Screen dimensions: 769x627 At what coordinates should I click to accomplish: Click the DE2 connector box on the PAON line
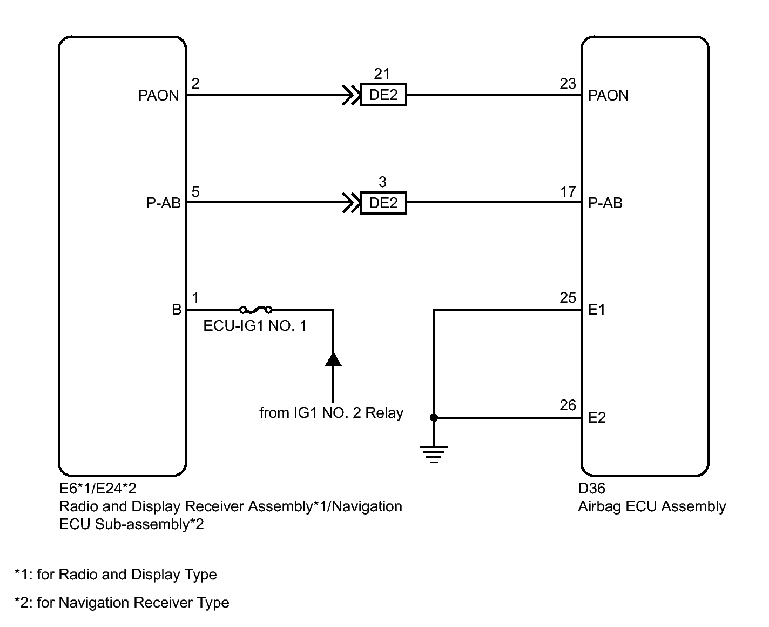click(x=383, y=95)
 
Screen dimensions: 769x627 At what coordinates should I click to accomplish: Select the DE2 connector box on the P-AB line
click(x=383, y=203)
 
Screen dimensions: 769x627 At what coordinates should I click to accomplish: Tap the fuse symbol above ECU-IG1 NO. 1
click(x=255, y=310)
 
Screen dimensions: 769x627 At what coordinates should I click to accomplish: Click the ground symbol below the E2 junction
click(x=434, y=454)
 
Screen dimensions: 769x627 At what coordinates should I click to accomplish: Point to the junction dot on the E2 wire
click(x=434, y=418)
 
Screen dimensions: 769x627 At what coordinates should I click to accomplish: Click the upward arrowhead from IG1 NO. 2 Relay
click(x=333, y=360)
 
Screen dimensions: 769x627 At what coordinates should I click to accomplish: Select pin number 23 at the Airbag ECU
click(x=568, y=84)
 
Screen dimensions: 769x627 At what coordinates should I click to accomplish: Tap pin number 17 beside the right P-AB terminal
click(x=568, y=191)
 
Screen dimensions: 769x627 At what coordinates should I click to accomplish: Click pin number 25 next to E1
click(x=568, y=298)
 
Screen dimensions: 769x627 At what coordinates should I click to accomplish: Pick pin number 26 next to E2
click(x=568, y=405)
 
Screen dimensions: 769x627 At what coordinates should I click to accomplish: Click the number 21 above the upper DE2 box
click(x=382, y=74)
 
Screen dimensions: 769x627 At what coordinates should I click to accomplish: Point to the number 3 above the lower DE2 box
click(x=382, y=182)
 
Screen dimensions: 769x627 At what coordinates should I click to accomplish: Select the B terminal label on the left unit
click(x=177, y=309)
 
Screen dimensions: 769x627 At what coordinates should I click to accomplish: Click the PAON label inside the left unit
click(x=158, y=96)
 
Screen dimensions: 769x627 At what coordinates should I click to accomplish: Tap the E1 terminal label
click(x=596, y=309)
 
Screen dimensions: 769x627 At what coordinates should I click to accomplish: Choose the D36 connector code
click(x=591, y=489)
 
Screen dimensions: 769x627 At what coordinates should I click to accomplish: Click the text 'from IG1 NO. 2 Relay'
click(x=331, y=413)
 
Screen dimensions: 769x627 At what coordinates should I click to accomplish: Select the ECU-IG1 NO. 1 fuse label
click(x=255, y=326)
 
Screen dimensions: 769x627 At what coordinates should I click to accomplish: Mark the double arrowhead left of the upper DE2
click(x=351, y=95)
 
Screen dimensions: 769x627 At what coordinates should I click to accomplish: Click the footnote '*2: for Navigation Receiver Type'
click(x=122, y=603)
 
